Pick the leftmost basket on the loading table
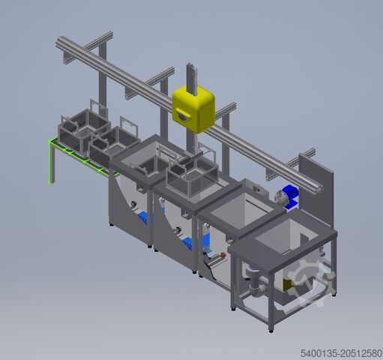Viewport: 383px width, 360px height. click(x=84, y=127)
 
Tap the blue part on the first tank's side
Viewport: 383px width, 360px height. click(x=144, y=218)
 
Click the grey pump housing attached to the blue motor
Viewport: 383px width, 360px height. click(x=278, y=196)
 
